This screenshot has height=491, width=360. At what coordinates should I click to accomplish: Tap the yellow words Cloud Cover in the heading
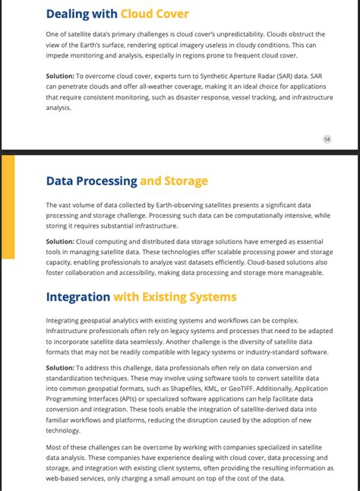click(x=154, y=14)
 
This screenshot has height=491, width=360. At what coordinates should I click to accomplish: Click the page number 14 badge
click(x=327, y=139)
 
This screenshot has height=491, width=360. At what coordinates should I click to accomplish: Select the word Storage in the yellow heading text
click(x=186, y=181)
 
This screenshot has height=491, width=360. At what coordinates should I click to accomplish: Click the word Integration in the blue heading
click(x=78, y=297)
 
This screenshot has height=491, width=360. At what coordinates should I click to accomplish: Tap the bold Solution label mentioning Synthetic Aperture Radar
click(x=60, y=77)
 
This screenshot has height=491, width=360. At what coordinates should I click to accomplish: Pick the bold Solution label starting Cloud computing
click(x=60, y=241)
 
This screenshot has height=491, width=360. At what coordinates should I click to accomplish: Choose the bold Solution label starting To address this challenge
click(x=60, y=367)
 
